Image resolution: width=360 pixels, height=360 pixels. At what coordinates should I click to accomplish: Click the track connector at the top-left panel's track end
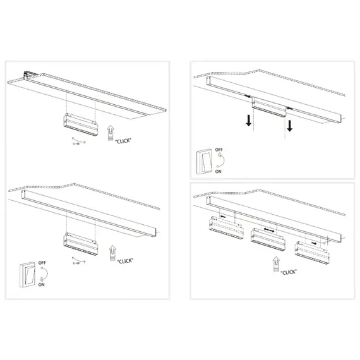pyautogui.click(x=28, y=74)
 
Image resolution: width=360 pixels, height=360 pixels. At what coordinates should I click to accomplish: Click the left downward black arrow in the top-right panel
pyautogui.click(x=251, y=121)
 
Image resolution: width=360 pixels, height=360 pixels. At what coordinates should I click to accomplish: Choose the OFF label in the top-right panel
pyautogui.click(x=219, y=150)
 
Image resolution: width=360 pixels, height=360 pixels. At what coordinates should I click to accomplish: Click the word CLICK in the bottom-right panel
pyautogui.click(x=290, y=272)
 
